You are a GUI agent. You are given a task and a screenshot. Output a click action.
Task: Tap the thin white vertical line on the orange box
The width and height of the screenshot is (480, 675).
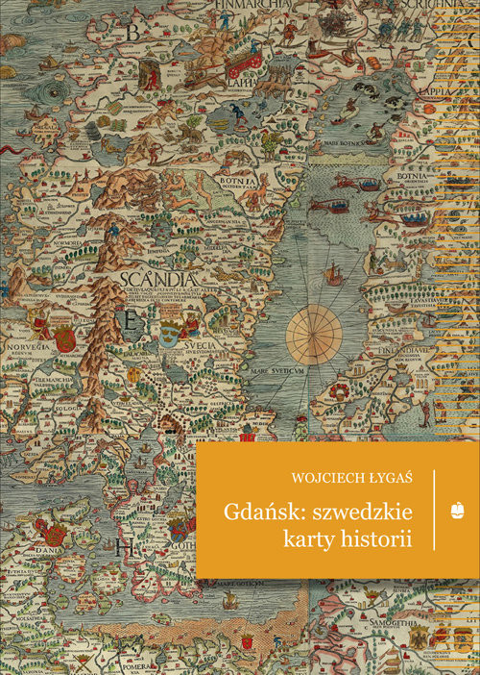[434, 510]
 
